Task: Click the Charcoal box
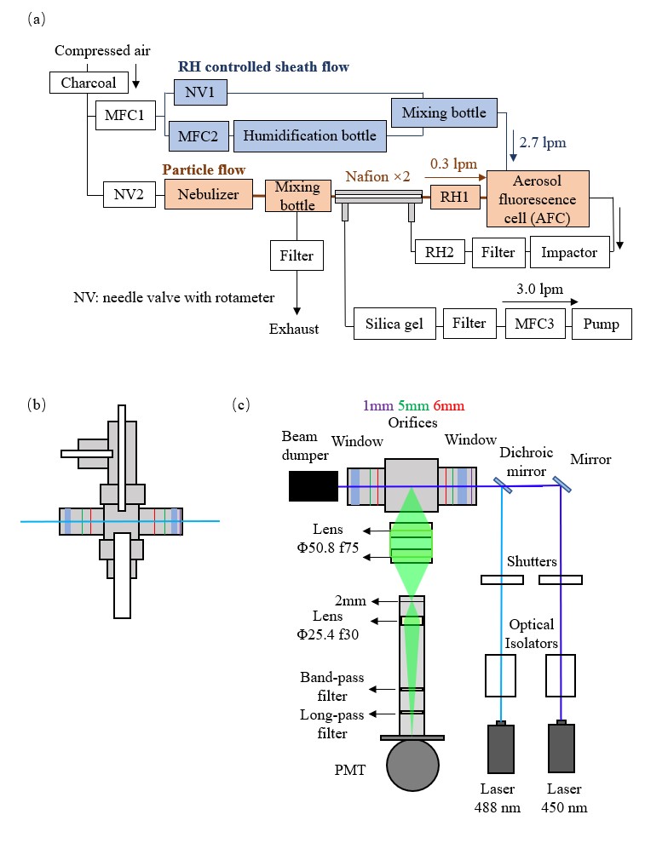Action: [x=89, y=83]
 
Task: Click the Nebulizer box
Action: [x=209, y=193]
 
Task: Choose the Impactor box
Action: [x=570, y=252]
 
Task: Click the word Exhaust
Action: [x=294, y=329]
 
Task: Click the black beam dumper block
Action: [x=313, y=485]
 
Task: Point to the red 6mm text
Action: [x=448, y=407]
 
